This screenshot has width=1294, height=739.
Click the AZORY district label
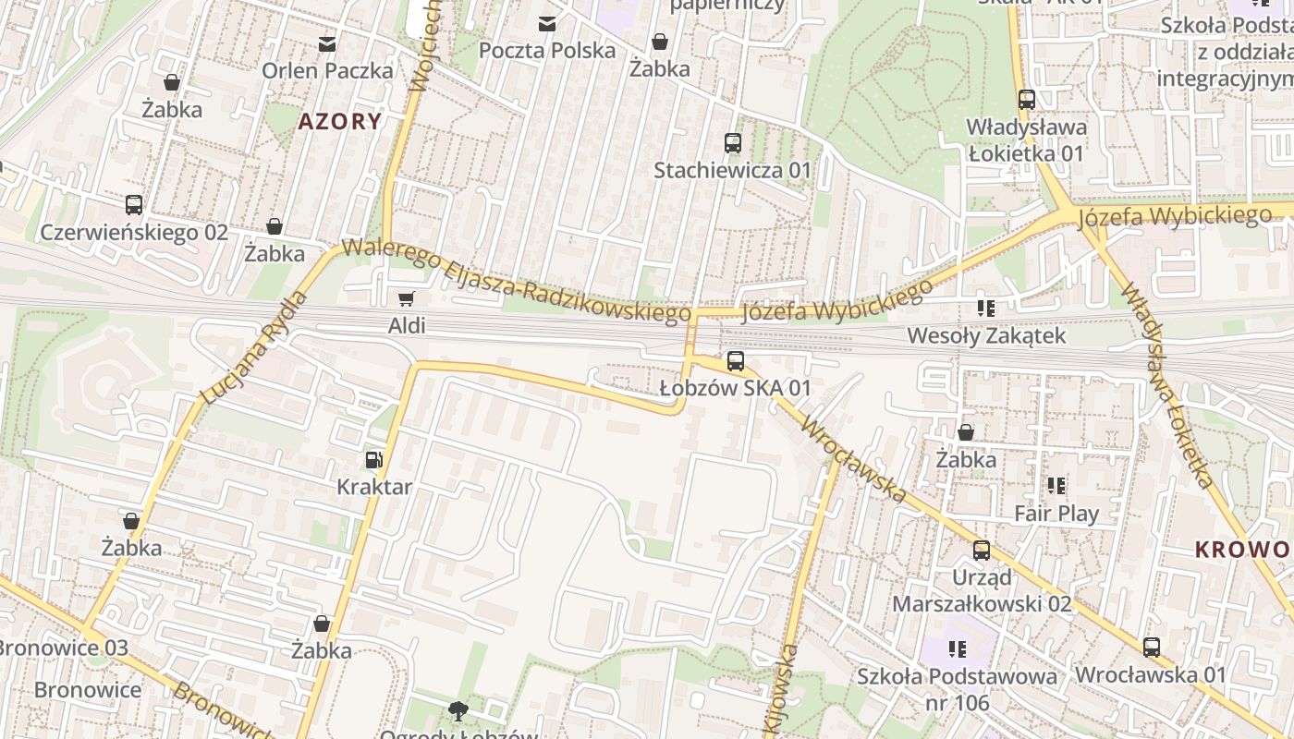click(339, 121)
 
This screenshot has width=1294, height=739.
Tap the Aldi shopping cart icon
click(406, 298)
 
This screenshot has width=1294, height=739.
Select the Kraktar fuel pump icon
click(373, 459)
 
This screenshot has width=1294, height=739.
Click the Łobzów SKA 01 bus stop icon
click(736, 361)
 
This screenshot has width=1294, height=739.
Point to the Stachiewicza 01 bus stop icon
click(733, 143)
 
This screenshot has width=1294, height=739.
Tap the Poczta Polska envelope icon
click(547, 23)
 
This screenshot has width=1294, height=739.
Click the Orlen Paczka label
click(327, 70)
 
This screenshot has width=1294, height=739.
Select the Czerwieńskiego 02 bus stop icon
click(134, 205)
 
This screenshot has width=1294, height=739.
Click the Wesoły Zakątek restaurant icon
click(985, 309)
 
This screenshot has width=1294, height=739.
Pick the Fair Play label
click(1056, 513)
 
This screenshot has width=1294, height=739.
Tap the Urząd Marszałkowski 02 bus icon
click(982, 551)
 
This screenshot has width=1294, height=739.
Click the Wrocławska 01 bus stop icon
click(1152, 648)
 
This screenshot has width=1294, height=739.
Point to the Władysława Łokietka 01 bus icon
click(1026, 100)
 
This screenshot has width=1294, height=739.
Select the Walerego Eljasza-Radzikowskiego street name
click(516, 281)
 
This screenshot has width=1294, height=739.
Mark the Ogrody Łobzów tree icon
click(457, 710)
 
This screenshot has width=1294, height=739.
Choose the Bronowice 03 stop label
click(63, 647)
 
